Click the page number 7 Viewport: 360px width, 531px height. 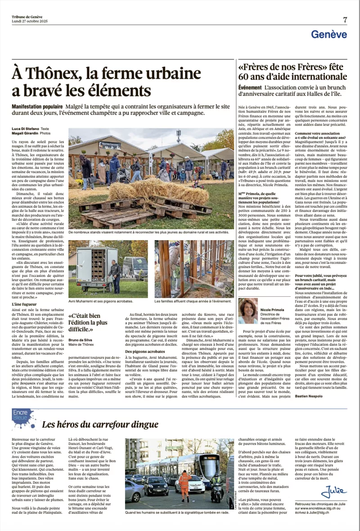pyautogui.click(x=345, y=19)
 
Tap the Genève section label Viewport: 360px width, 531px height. pyautogui.click(x=329, y=34)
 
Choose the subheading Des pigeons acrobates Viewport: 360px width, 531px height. pyautogui.click(x=145, y=351)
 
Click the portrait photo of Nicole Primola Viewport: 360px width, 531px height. pyautogui.click(x=248, y=310)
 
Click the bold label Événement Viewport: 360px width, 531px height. pyautogui.click(x=250, y=87)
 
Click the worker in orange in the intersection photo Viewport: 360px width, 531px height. pyautogui.click(x=184, y=483)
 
